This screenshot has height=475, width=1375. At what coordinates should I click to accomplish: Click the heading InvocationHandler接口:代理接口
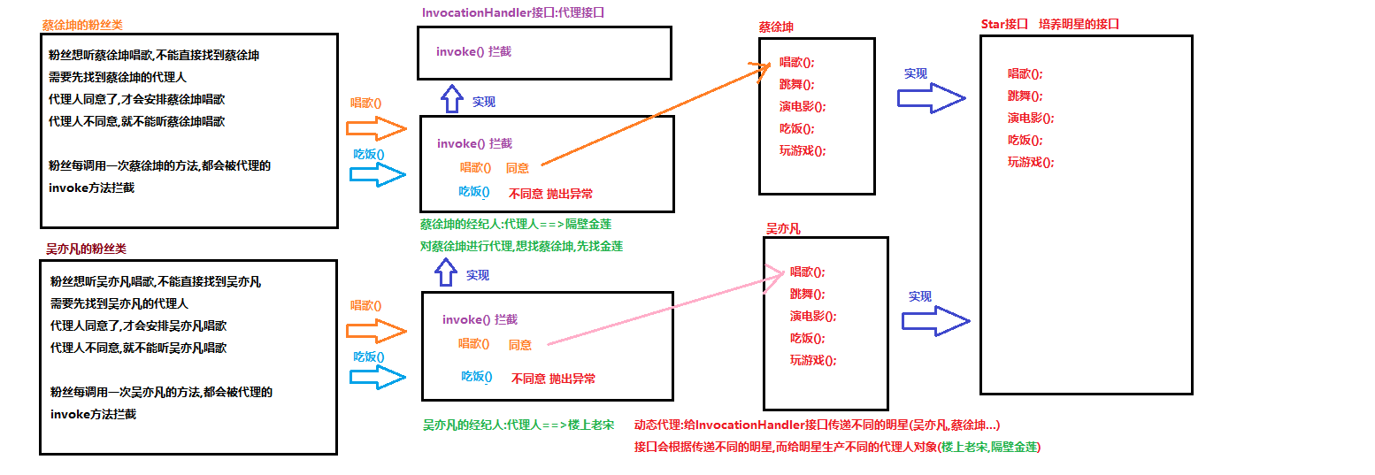[x=513, y=13]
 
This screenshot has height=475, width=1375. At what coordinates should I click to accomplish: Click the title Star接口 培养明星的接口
[x=1049, y=24]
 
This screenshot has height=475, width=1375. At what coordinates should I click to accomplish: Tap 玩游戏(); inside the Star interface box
[x=1030, y=162]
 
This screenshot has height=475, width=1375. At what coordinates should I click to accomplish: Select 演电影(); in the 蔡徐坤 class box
[x=802, y=107]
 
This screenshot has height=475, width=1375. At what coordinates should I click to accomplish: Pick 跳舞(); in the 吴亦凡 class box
[x=807, y=295]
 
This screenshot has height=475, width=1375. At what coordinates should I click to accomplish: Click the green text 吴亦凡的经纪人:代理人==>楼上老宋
[x=518, y=425]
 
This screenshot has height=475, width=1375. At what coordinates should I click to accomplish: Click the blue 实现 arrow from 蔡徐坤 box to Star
[x=931, y=98]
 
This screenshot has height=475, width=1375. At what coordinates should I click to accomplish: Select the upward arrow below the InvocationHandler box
[x=452, y=98]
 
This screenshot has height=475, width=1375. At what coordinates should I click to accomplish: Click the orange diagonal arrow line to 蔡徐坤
[x=655, y=115]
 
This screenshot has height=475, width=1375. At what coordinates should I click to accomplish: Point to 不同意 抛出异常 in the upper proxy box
[x=550, y=194]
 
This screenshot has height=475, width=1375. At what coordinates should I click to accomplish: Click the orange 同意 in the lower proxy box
[x=520, y=345]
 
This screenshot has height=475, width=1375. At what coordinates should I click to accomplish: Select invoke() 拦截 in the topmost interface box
[x=473, y=52]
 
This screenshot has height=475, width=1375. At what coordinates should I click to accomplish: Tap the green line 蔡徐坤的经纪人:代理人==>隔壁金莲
[x=515, y=225]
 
